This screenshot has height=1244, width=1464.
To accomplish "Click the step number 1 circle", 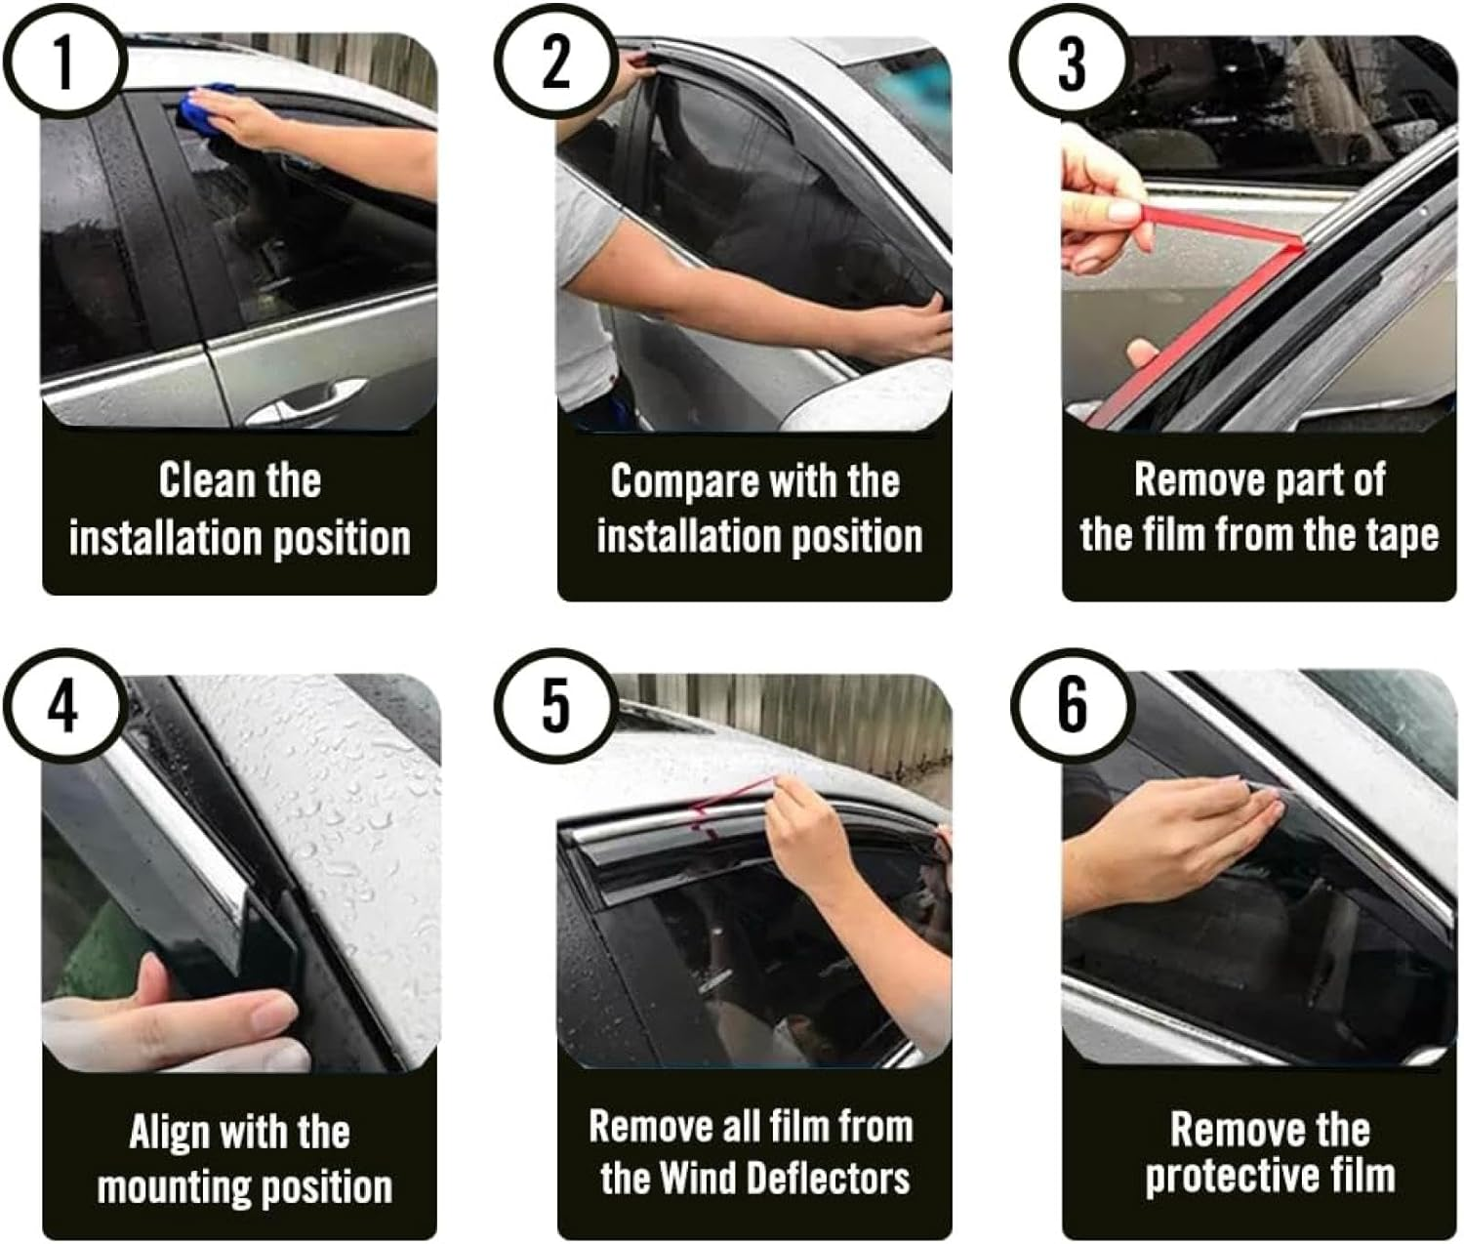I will pos(63,62).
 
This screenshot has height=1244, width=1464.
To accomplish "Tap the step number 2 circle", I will pos(555,62).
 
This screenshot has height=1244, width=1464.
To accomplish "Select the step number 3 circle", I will pos(1071,62).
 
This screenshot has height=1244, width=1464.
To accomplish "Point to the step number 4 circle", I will pos(63,706).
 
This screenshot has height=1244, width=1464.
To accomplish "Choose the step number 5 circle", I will pos(555,706).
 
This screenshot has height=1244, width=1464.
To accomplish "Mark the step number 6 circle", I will pos(1071,706).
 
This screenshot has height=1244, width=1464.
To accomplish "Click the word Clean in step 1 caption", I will pos(201,480).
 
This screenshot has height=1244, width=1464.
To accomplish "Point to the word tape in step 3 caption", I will pos(1402,535).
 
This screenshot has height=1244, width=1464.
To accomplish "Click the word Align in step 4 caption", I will pos(170,1133).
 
